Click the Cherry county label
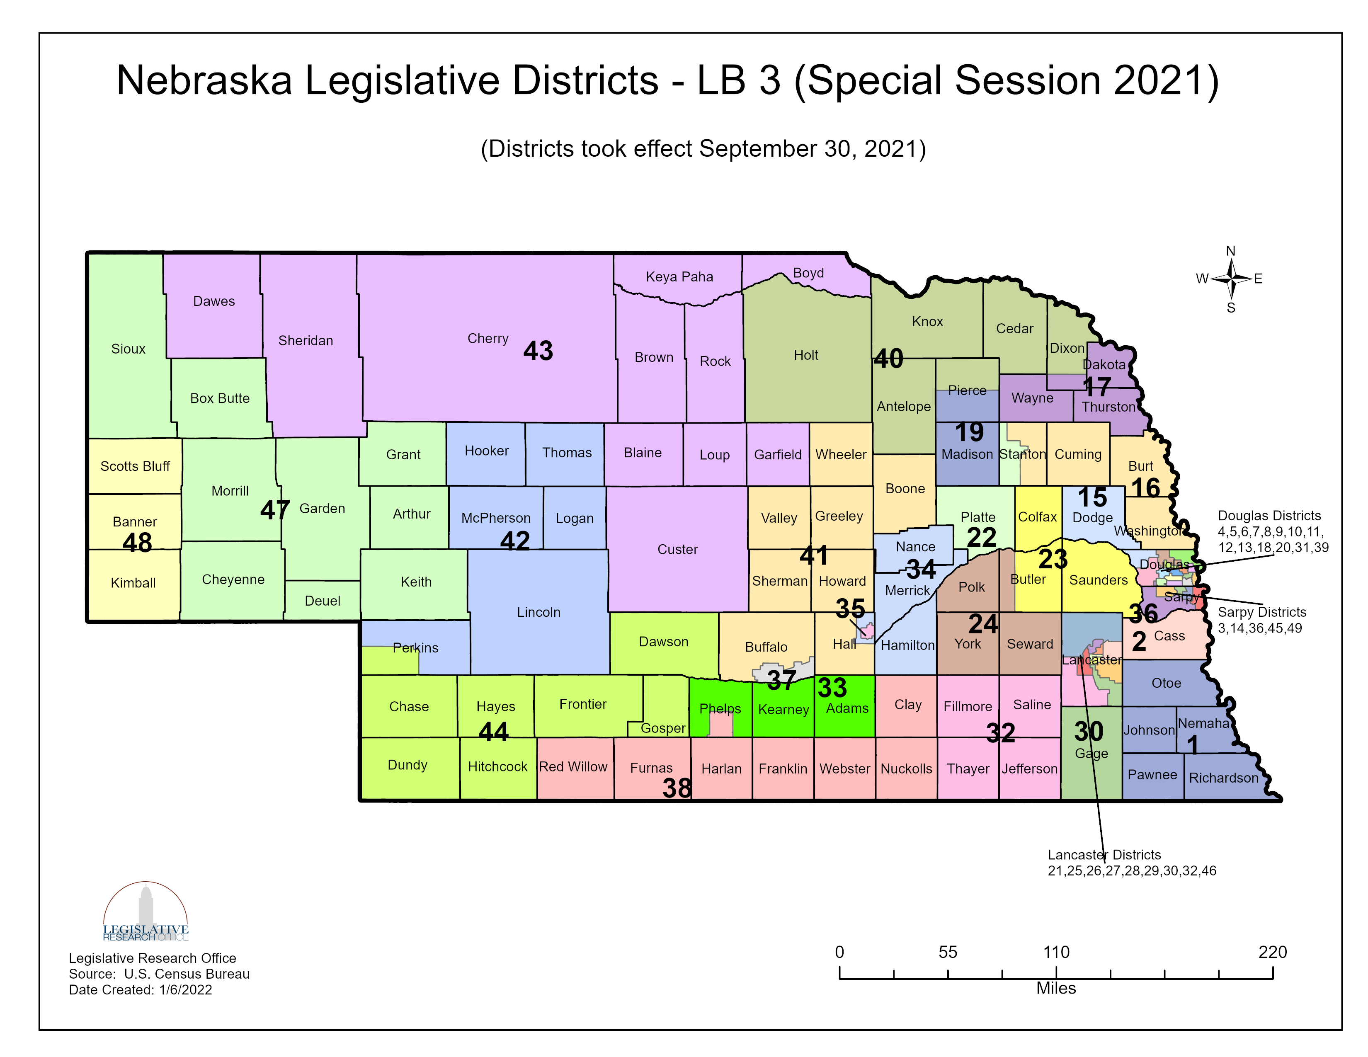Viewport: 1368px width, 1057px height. (488, 338)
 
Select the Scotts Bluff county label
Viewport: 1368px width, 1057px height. (135, 466)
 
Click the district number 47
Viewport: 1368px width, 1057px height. (274, 510)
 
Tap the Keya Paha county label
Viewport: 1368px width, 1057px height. (679, 277)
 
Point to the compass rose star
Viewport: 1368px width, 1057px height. (1231, 279)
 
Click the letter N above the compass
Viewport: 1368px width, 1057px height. (1230, 251)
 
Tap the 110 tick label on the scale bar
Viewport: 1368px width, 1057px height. (1056, 953)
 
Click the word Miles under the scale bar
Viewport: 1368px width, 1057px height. (1056, 988)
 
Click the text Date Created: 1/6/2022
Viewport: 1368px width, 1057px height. (140, 990)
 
